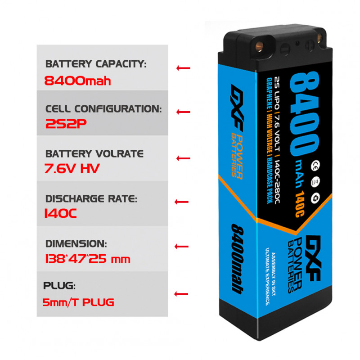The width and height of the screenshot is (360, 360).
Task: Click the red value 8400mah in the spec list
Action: coord(78,81)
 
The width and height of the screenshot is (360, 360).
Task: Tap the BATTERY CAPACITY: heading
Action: coord(96,64)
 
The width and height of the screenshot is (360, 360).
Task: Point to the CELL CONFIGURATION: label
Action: coord(103,109)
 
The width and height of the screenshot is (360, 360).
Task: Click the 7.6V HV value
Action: coord(72,169)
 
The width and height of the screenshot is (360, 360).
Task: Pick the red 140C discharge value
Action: coord(60,213)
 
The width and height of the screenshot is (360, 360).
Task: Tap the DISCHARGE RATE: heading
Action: coord(90,198)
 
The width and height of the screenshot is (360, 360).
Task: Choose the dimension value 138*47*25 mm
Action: coord(88,259)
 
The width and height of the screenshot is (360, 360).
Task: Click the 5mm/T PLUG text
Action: coord(78,302)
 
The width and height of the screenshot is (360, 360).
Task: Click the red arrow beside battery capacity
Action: coord(183,68)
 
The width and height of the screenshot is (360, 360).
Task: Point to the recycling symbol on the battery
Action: coord(316,197)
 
